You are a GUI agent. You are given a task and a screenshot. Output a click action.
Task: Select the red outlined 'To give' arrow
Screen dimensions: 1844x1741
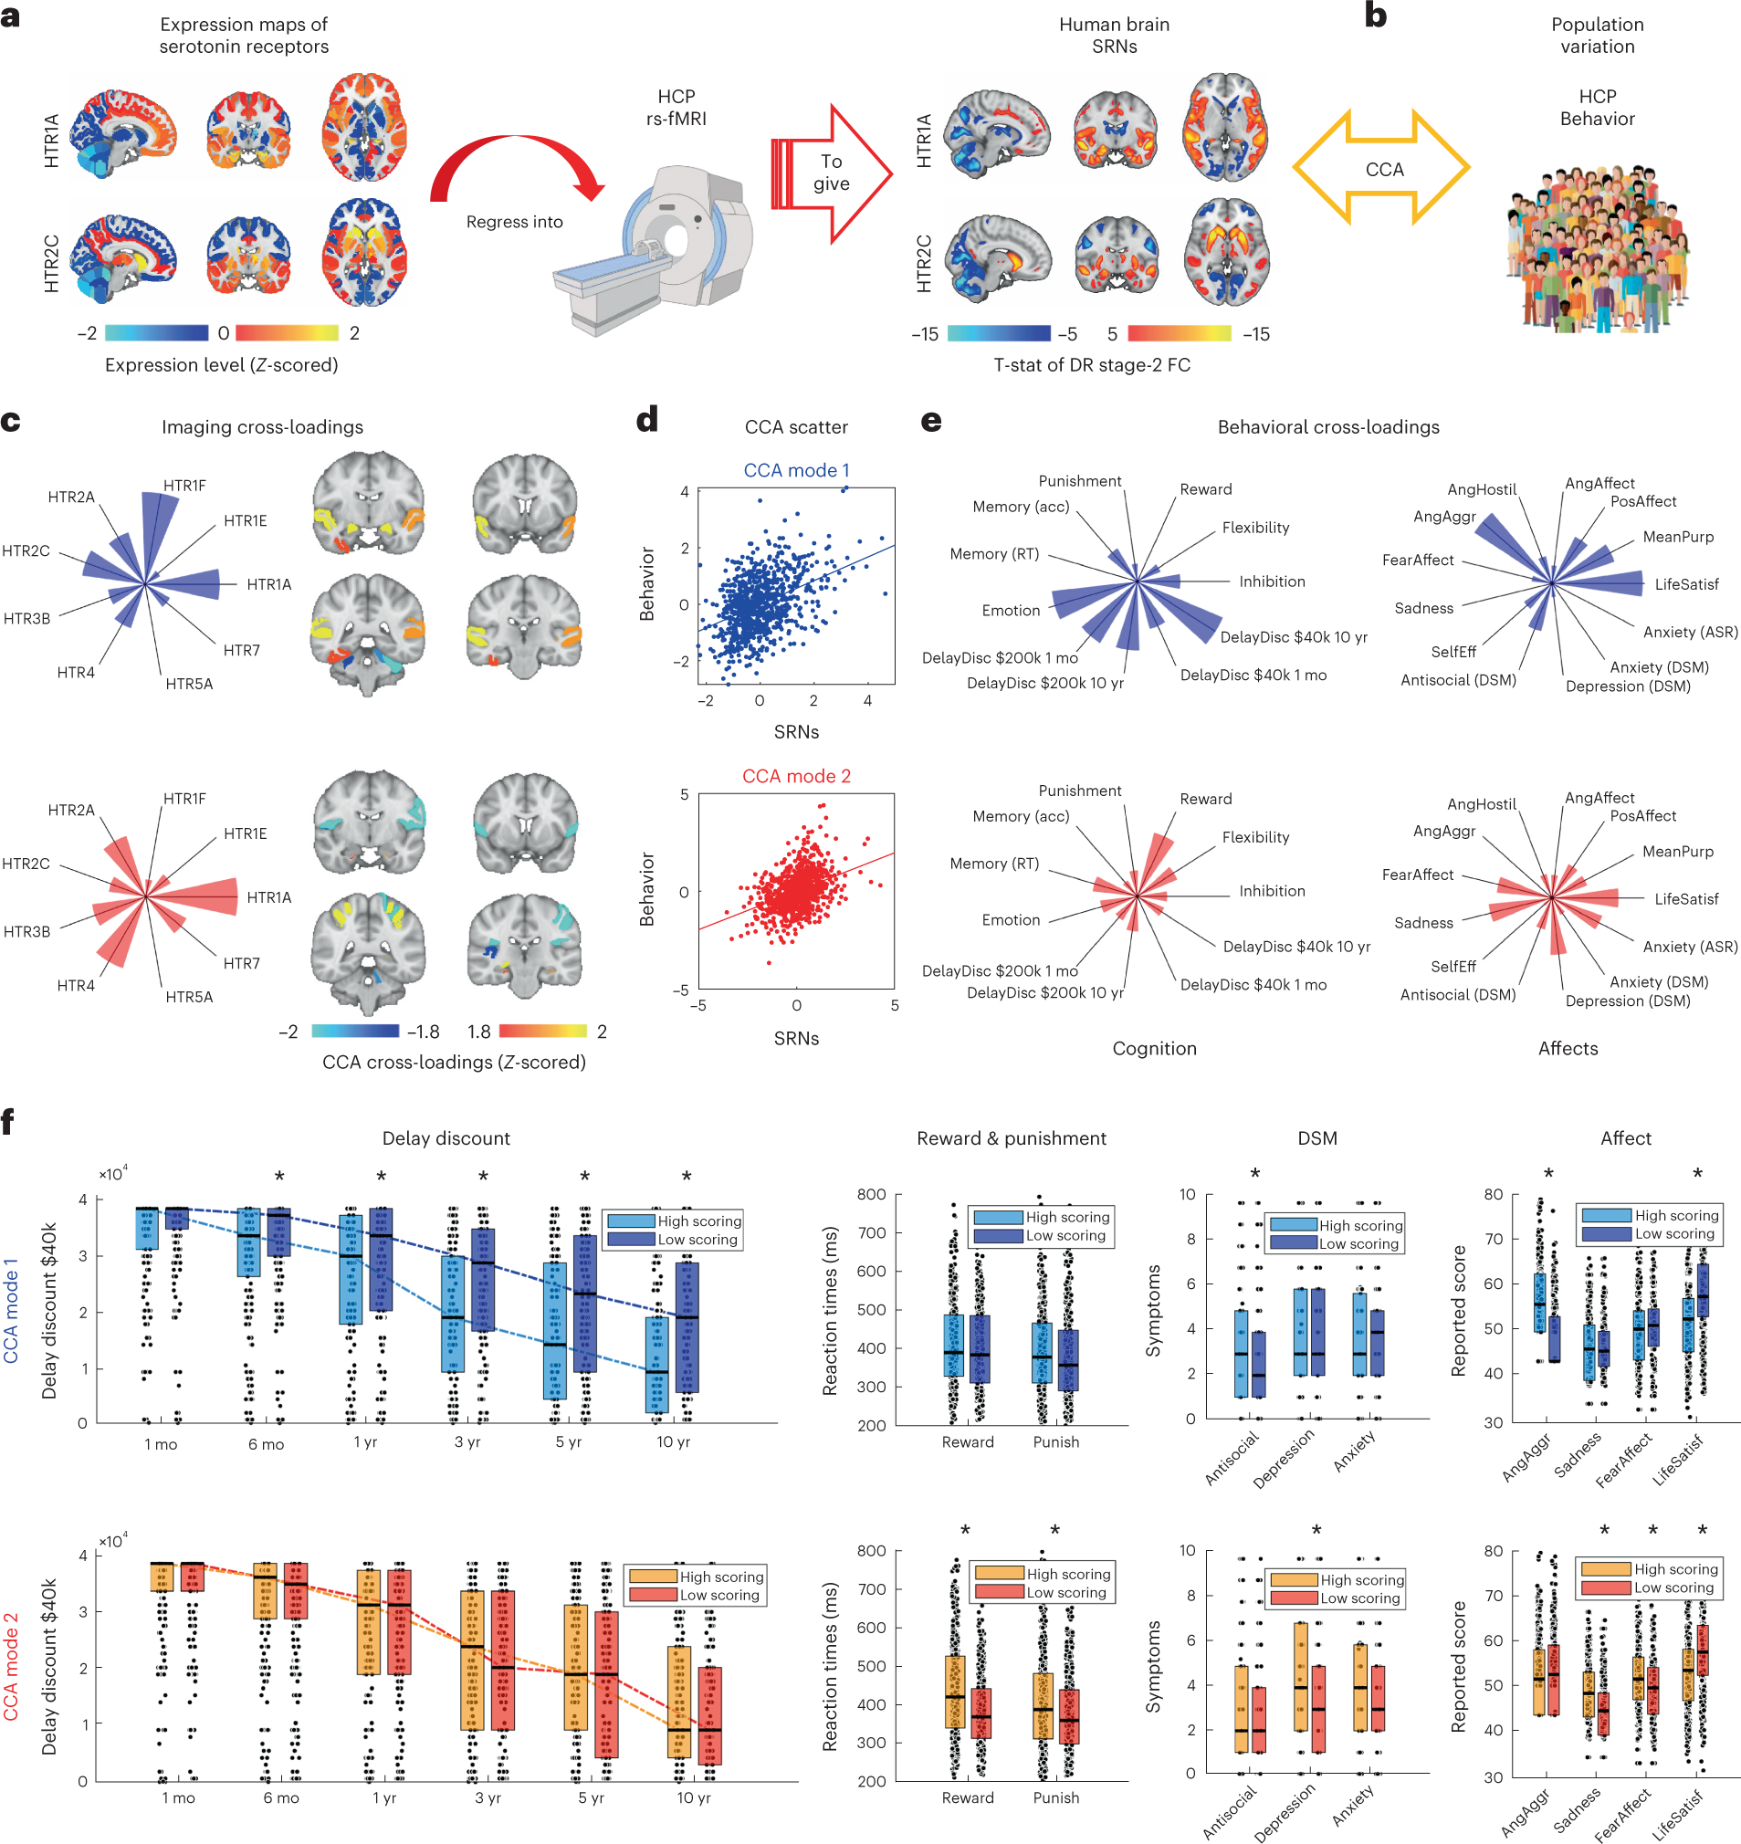pos(832,173)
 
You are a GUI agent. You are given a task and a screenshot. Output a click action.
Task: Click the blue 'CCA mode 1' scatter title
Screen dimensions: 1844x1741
pos(796,470)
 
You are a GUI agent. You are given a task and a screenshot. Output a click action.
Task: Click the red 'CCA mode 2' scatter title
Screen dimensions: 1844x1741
pos(796,776)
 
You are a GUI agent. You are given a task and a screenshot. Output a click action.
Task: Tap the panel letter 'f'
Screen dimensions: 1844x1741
pos(8,1123)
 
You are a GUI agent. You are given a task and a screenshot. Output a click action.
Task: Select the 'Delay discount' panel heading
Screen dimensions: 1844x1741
pos(446,1137)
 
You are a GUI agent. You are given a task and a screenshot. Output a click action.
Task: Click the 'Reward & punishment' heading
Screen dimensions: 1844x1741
pos(1011,1137)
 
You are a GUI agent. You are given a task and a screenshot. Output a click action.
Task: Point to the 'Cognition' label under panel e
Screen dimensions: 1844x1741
pos(1154,1048)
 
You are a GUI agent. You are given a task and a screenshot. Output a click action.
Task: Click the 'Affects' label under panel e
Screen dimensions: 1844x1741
pos(1568,1048)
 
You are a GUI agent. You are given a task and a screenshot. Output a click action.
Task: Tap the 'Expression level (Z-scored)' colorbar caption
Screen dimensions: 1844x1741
pos(221,365)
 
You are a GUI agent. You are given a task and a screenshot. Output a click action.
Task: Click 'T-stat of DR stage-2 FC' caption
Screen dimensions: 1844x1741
pos(1091,365)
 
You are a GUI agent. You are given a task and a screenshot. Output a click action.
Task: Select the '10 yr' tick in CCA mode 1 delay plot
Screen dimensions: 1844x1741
pos(673,1441)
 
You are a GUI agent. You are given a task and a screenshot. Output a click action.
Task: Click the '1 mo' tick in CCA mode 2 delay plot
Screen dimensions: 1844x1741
pos(178,1797)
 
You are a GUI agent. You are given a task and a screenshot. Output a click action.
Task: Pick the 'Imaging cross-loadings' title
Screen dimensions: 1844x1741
pos(262,427)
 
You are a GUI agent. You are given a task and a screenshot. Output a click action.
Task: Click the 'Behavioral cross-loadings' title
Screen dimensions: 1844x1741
pos(1328,427)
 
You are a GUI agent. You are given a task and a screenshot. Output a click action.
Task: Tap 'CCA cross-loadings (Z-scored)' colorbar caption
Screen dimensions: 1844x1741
pos(454,1062)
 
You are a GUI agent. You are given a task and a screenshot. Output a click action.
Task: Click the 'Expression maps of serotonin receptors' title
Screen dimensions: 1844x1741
pos(243,36)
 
